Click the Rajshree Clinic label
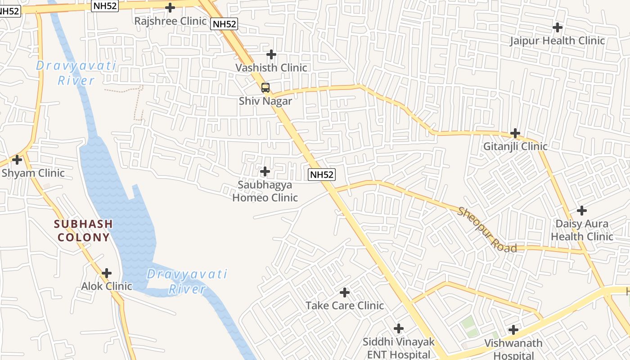pyautogui.click(x=171, y=21)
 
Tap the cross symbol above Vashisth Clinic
pyautogui.click(x=271, y=54)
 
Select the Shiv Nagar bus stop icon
pyautogui.click(x=265, y=87)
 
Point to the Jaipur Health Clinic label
pyautogui.click(x=557, y=41)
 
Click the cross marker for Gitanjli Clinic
pyautogui.click(x=515, y=133)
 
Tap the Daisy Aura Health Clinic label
pyautogui.click(x=582, y=230)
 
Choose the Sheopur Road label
pyautogui.click(x=487, y=229)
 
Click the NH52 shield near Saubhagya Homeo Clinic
pyautogui.click(x=322, y=175)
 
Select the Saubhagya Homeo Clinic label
pyautogui.click(x=265, y=191)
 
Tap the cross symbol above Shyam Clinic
pyautogui.click(x=17, y=159)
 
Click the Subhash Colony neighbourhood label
pyautogui.click(x=83, y=230)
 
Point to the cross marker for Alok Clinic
pyautogui.click(x=107, y=273)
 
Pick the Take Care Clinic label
pyautogui.click(x=345, y=306)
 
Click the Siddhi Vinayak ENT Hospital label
pyautogui.click(x=398, y=348)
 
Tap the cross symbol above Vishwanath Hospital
pyautogui.click(x=513, y=330)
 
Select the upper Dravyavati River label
pyautogui.click(x=76, y=73)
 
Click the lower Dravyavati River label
pyautogui.click(x=187, y=281)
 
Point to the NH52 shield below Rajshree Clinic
pyautogui.click(x=224, y=24)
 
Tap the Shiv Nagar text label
pyautogui.click(x=265, y=101)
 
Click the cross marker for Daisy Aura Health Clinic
pyautogui.click(x=582, y=210)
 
